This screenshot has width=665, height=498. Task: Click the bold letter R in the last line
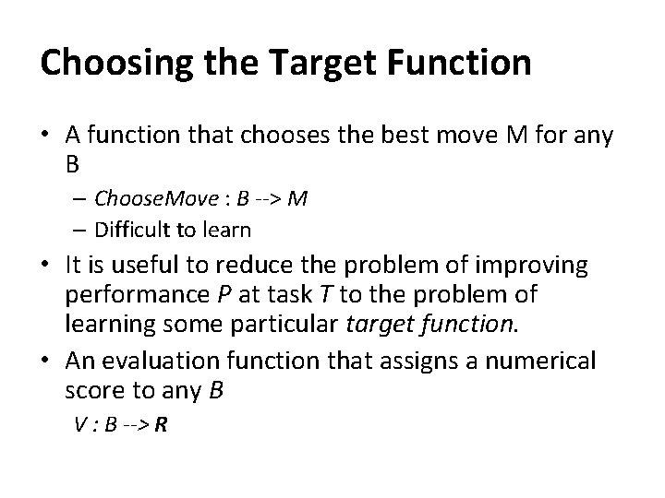click(162, 427)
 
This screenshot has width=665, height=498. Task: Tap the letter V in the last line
click(79, 427)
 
